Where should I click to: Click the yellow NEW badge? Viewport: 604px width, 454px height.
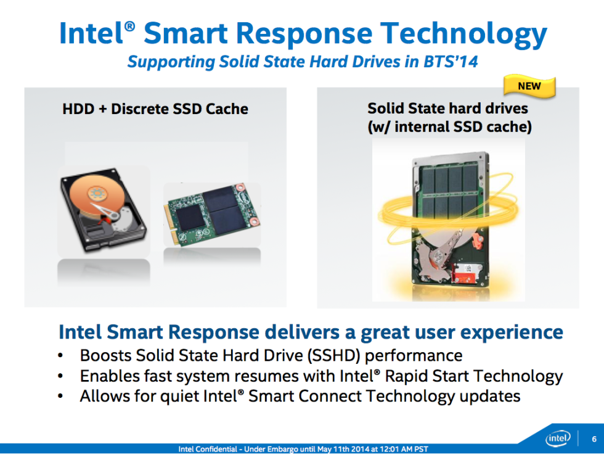tap(529, 86)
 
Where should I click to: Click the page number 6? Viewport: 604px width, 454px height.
tap(594, 439)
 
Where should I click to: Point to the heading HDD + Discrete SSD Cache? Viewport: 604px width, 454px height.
tap(155, 109)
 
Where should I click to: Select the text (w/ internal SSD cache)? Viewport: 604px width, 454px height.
tap(447, 127)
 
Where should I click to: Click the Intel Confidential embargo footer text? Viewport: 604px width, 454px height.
tap(302, 448)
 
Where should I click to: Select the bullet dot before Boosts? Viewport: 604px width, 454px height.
tap(60, 357)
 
